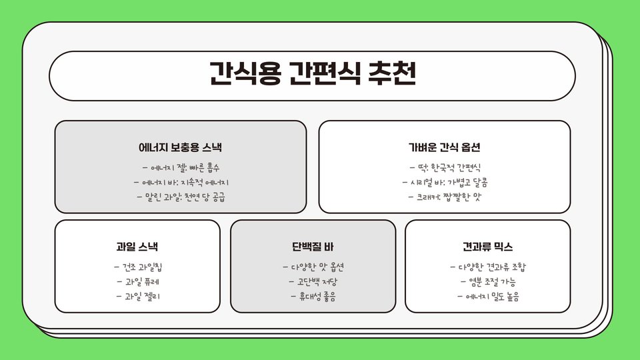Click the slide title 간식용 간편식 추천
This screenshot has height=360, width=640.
point(312,75)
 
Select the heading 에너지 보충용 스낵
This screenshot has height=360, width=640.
point(181,147)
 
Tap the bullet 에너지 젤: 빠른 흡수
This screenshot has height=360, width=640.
point(181,167)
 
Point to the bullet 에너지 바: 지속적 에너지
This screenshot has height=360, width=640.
point(181,182)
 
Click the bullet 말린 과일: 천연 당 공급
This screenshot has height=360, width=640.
point(181,197)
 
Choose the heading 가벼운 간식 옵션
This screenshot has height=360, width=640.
point(445,147)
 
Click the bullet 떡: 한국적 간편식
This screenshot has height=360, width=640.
point(445,167)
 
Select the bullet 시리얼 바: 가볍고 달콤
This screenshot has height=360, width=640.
point(445,182)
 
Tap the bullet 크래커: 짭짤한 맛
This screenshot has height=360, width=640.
point(445,197)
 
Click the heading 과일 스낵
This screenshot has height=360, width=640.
point(137,247)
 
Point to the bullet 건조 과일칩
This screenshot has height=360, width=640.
point(137,267)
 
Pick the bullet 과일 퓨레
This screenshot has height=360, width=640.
point(137,282)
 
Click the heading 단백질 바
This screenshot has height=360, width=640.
point(313,247)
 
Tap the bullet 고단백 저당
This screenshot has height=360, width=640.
point(313,282)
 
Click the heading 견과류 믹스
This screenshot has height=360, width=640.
point(488,247)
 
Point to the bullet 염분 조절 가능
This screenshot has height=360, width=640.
point(488,282)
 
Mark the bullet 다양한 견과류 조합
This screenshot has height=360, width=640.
point(488,267)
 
